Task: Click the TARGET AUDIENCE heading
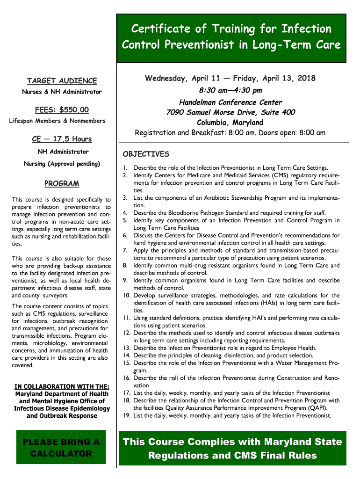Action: coord(62,81)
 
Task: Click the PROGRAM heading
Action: coord(62,183)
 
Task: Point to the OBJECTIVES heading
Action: coord(146,154)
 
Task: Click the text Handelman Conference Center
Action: coord(230,102)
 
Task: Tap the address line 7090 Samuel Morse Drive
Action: coord(230,113)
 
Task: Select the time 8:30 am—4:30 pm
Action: coord(230,90)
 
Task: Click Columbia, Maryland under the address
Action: coord(230,123)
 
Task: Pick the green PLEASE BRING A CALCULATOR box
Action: coord(62,448)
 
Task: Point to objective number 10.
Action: coord(126,296)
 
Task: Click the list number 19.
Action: coord(126,415)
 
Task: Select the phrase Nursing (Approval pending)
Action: coord(62,164)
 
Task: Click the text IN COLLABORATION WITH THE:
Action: coord(62,386)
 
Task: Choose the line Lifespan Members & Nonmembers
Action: coord(58,121)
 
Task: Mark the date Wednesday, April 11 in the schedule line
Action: coord(179,78)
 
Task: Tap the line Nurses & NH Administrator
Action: coord(62,92)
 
